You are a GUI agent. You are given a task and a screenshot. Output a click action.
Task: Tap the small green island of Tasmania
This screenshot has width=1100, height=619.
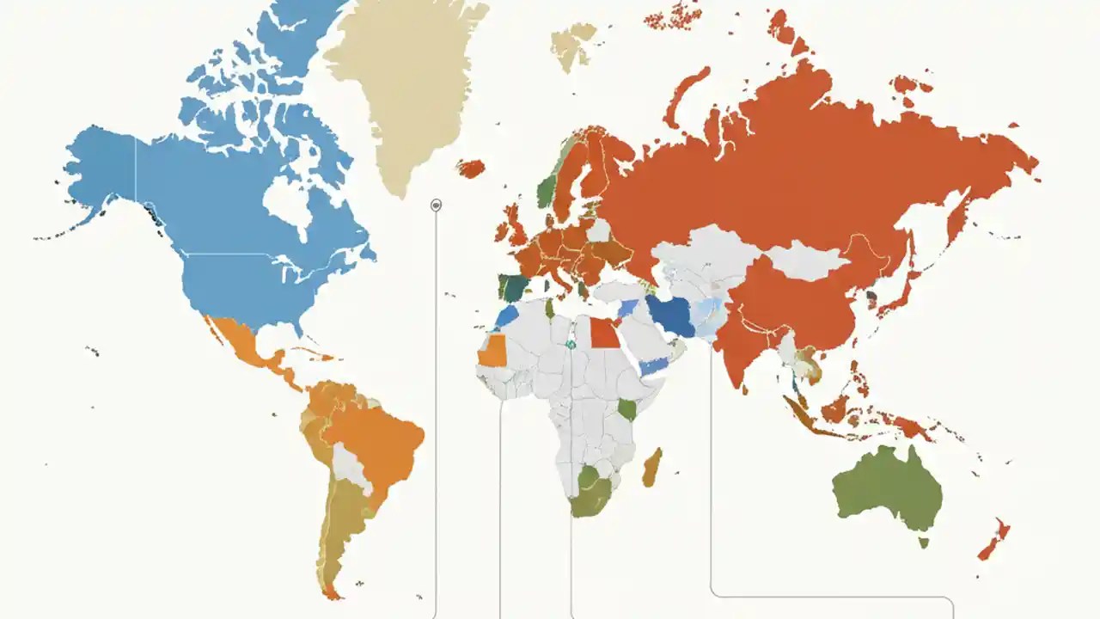924,542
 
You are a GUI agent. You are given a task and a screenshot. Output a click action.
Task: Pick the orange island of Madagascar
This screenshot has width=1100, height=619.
651,466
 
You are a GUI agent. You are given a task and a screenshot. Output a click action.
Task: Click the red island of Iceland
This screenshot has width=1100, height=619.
471,169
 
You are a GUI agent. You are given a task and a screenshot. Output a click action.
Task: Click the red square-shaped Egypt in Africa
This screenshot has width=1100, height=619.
604,334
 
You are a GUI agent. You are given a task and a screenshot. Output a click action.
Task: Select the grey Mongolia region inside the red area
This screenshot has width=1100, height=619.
808,260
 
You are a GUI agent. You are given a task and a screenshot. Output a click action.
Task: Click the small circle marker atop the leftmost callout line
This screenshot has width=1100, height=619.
436,205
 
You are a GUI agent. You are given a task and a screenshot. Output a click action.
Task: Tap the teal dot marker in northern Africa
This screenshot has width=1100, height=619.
570,345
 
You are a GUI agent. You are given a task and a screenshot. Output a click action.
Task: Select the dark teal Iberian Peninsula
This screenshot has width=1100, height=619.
516,288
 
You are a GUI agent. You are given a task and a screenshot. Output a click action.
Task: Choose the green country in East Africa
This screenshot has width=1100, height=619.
627,409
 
